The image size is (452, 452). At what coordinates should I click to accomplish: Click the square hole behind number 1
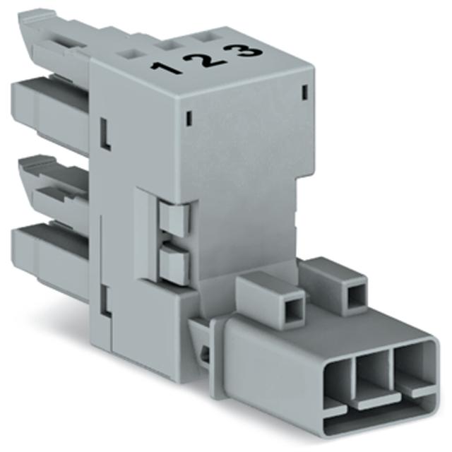pyautogui.click(x=130, y=54)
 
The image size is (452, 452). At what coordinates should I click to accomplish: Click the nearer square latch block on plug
pyautogui.click(x=270, y=300)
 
